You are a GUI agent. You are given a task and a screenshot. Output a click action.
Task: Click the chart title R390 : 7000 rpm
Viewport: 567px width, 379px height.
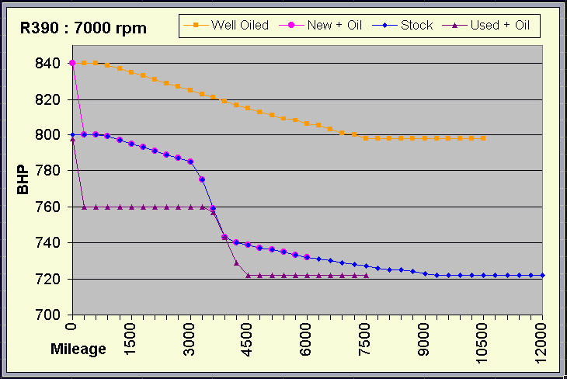(83, 29)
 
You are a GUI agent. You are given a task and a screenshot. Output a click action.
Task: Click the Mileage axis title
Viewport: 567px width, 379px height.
(78, 349)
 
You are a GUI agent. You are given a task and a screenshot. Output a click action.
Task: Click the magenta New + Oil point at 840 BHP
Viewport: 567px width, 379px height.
(72, 63)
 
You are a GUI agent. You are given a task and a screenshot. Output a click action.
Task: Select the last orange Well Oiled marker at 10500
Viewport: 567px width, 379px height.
(483, 138)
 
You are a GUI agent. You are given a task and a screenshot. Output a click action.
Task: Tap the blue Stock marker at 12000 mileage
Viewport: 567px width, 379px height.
(542, 275)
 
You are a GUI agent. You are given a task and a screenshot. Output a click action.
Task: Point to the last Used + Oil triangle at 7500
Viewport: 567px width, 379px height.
(366, 275)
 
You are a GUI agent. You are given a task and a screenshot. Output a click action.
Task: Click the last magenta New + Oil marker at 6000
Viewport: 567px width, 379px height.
(307, 257)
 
